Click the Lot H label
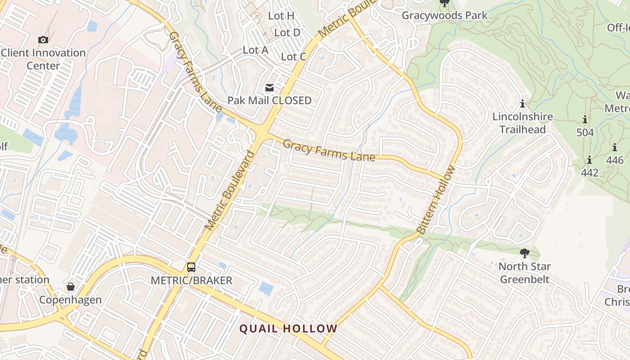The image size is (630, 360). pos(281,16)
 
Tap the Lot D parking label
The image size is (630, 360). pos(287,32)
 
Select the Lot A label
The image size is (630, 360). pos(256,50)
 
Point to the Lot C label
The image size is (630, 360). pos(293,57)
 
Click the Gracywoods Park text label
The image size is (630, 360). pos(444,15)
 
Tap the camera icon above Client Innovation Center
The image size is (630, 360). pos(43,40)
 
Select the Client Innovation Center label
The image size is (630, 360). pos(43,59)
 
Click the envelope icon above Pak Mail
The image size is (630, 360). pos(269,88)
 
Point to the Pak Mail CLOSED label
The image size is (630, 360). pos(269,100)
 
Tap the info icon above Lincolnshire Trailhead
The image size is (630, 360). pos(522,104)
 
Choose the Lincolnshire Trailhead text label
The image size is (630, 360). pos(522,123)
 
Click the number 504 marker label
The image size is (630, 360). pos(585,132)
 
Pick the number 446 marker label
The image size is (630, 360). pos(615,160)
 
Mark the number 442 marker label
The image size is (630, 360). pos(589,173)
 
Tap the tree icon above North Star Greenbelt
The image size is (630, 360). pos(524,253)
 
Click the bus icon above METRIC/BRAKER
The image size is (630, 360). pos(191,267)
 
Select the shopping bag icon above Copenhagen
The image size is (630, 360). pos(71,287)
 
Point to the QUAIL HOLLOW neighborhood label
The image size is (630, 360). pos(288,328)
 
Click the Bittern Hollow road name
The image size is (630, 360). pos(436,200)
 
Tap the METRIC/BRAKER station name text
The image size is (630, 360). pos(191,280)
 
